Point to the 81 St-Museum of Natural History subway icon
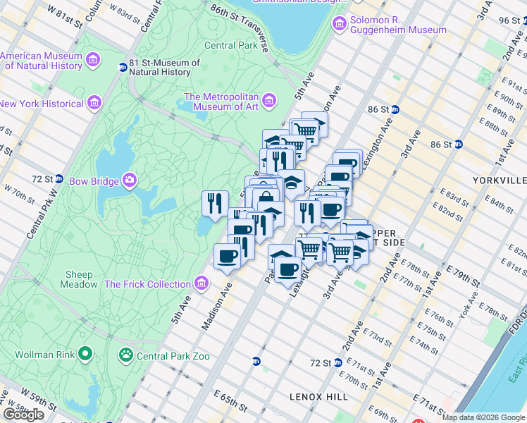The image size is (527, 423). click(x=123, y=68)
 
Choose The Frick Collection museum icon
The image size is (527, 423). click(x=202, y=284)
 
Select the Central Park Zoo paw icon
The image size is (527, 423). click(x=127, y=355)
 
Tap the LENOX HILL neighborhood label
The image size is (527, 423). click(x=318, y=397)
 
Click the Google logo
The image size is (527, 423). click(x=24, y=414)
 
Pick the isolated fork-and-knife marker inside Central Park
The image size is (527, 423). click(x=215, y=204)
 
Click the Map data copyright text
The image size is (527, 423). click(x=483, y=417)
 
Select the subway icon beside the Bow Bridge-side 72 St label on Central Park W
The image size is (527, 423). click(x=59, y=178)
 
